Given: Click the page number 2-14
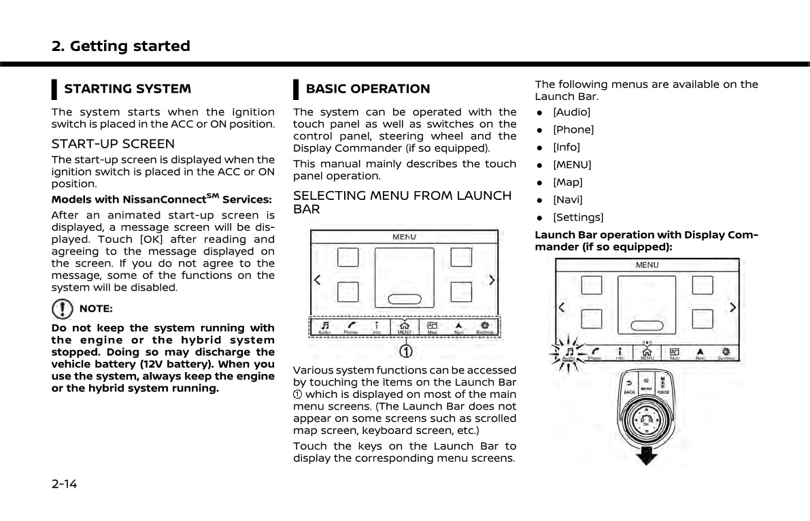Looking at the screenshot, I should [x=65, y=484].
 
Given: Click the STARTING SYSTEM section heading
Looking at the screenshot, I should [x=127, y=88].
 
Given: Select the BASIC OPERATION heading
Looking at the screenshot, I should [x=367, y=88].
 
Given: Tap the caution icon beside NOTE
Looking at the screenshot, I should [x=63, y=309].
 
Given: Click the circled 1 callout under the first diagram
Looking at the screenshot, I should [x=405, y=351].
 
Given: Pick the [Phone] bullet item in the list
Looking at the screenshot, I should [x=573, y=129].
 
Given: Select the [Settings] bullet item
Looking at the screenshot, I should [x=577, y=217].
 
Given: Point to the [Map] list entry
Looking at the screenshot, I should [x=567, y=182].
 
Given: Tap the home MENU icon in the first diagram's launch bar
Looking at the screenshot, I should [x=404, y=326].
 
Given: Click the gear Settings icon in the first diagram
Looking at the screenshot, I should [x=484, y=326].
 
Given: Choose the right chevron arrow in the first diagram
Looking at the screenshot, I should [x=492, y=280].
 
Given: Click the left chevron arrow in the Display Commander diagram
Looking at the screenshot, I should [x=562, y=307].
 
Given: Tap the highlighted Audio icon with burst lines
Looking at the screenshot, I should [x=569, y=352].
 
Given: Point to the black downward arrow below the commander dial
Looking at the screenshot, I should [x=647, y=454].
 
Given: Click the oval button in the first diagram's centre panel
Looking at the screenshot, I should [x=404, y=299].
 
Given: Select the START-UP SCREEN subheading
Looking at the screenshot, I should [x=113, y=144].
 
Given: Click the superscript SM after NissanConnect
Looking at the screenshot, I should [x=212, y=197].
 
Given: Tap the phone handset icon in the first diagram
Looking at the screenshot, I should [x=351, y=326].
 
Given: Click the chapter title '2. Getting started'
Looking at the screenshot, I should [x=121, y=46].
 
